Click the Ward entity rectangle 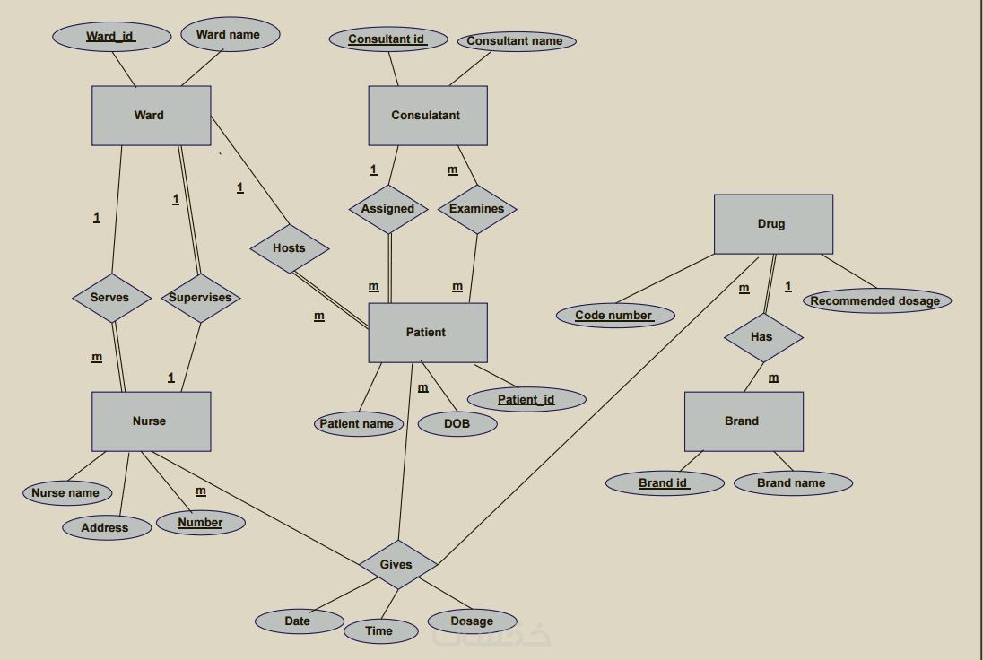[x=151, y=116]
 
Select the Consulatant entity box [x=428, y=116]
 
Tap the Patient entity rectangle [x=428, y=333]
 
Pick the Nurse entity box [x=151, y=421]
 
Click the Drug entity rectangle [x=773, y=224]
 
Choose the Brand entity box [x=744, y=421]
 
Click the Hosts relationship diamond [x=289, y=248]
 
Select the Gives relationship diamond [x=397, y=565]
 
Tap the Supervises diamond [x=200, y=298]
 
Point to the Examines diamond [x=477, y=209]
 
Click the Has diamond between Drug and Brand [x=762, y=337]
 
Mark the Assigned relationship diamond [x=388, y=209]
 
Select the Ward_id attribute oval [x=111, y=37]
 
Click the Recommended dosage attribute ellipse [x=875, y=301]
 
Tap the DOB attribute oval [x=457, y=423]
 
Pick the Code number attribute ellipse [x=615, y=315]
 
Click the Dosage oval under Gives [x=472, y=621]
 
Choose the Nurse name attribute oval [x=66, y=492]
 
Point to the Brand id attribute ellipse [x=665, y=483]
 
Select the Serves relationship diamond [x=111, y=298]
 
